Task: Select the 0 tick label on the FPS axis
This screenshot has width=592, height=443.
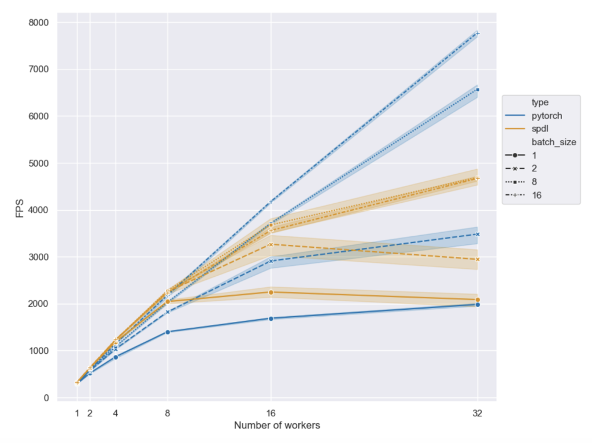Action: (x=45, y=398)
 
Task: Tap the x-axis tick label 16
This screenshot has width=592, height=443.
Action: (x=271, y=413)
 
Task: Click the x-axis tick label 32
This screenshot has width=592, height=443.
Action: (x=478, y=413)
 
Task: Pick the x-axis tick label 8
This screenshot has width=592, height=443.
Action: (x=168, y=413)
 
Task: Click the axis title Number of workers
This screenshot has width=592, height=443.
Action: (x=277, y=426)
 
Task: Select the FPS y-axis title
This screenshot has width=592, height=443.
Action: (x=21, y=210)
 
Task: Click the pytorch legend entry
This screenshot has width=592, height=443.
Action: (x=546, y=116)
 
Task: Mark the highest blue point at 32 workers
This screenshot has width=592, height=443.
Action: (x=478, y=34)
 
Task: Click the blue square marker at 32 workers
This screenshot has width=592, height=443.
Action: (x=478, y=90)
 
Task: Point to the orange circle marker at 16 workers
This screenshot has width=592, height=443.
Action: (x=271, y=292)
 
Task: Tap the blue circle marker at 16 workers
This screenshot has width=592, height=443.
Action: (x=271, y=318)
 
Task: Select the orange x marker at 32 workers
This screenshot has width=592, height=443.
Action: (x=478, y=259)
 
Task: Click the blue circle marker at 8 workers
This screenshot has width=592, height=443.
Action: (x=168, y=332)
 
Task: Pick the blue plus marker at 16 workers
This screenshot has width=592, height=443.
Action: (x=271, y=202)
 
